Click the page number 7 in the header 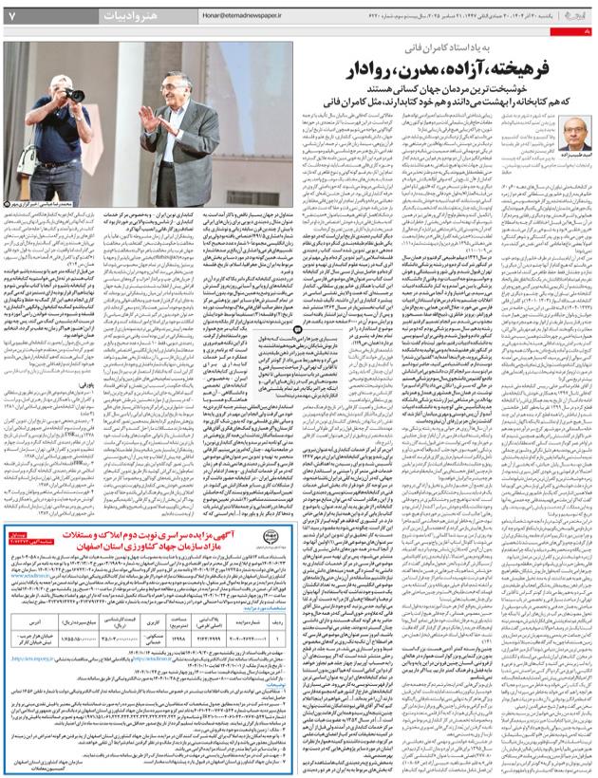pos(12,16)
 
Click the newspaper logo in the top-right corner pos(573,15)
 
